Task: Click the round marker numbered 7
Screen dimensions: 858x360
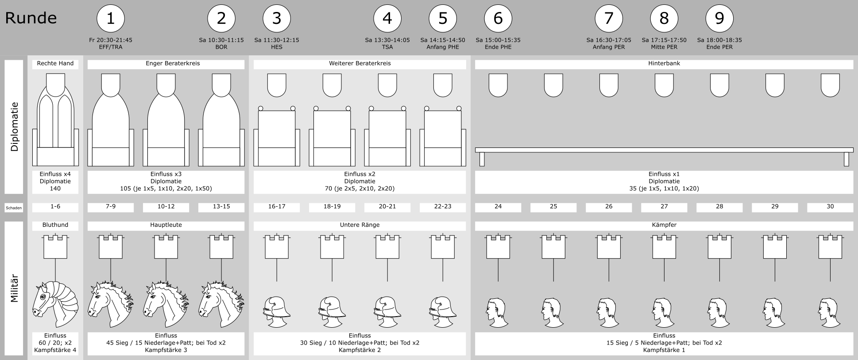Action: coord(609,19)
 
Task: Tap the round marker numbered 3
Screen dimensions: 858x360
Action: coord(277,19)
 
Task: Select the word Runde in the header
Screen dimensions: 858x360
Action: coord(31,18)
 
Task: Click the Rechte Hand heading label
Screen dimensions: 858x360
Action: coord(55,64)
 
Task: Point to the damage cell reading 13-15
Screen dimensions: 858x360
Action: coord(221,207)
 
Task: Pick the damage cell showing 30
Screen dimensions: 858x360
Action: coord(830,207)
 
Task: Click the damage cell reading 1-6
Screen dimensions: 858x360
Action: coord(55,207)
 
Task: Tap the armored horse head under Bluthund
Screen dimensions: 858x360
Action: coord(55,304)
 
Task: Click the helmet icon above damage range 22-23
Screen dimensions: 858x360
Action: coord(443,311)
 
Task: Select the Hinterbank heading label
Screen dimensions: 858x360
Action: coord(664,64)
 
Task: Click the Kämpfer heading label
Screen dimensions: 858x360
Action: coord(664,225)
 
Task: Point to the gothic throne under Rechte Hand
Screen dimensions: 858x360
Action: coord(55,120)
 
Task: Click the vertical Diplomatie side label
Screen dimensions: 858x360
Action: coord(14,127)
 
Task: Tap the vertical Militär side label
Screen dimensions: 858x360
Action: coord(14,289)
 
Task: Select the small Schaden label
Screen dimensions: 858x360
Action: coord(14,208)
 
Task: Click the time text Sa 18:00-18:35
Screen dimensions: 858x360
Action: coord(719,40)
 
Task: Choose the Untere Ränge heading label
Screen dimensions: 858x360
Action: coord(359,225)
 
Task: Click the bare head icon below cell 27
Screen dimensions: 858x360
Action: coord(664,313)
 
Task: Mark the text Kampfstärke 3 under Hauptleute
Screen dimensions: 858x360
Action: coord(166,350)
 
